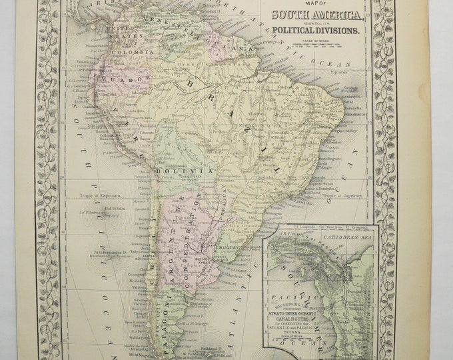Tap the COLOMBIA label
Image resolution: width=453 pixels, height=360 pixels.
point(130,51)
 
